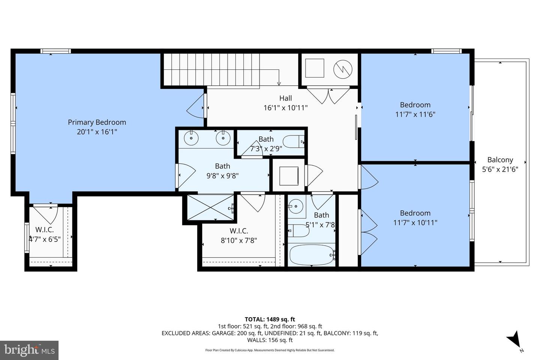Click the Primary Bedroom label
[97, 122]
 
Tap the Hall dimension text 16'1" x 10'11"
[285, 108]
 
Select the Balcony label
[500, 160]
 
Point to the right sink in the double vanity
[223, 138]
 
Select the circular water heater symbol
[343, 68]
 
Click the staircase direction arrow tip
[279, 84]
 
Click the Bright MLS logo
[29, 350]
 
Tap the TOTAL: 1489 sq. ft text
[270, 319]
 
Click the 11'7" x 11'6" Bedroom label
[415, 105]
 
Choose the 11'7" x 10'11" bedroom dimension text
[415, 223]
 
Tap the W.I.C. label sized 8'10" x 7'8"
[238, 231]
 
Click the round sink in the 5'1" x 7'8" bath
[297, 206]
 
